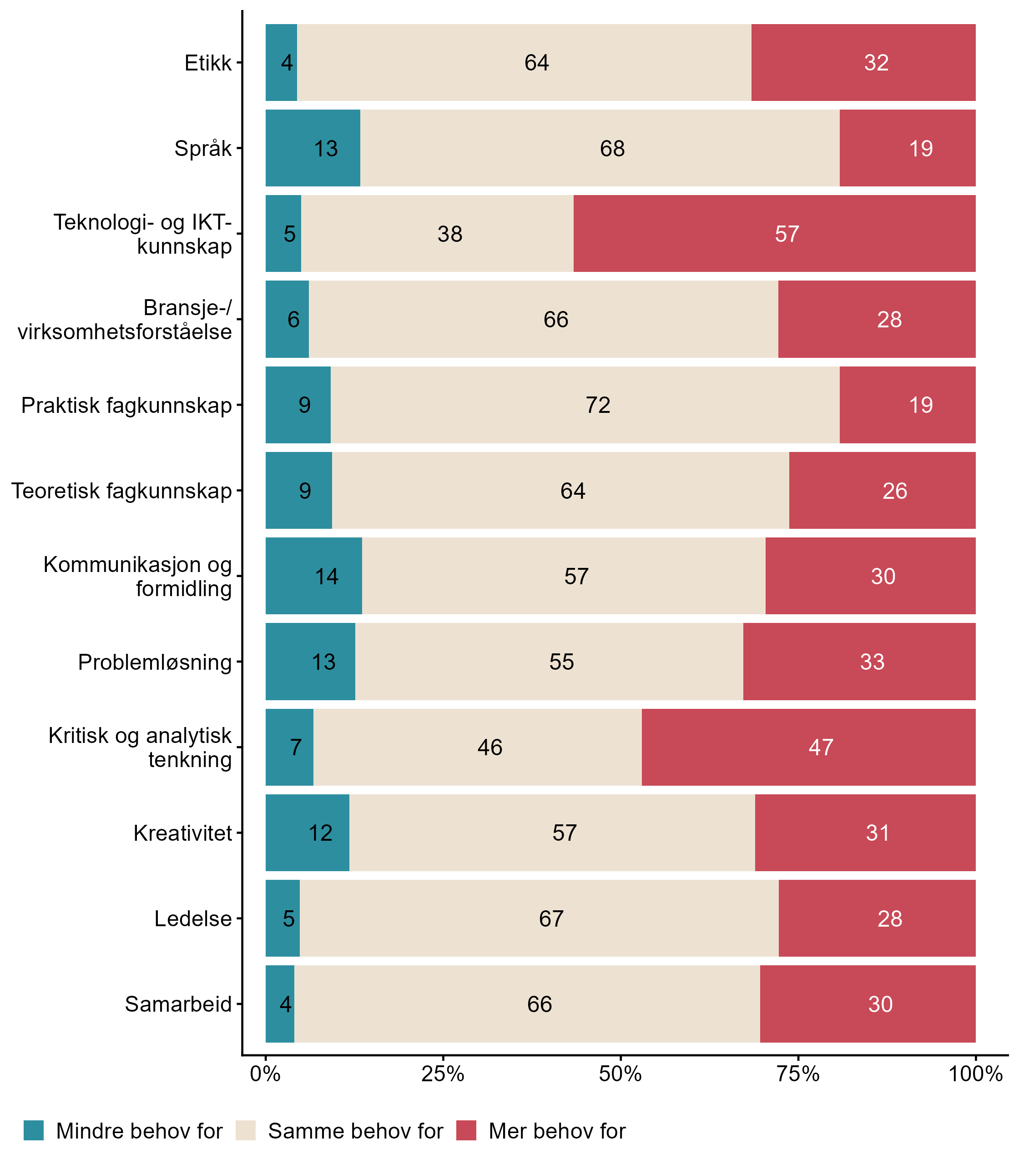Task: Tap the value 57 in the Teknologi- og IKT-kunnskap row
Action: (787, 234)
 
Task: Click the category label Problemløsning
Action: (155, 662)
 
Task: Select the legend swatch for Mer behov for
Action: (466, 1130)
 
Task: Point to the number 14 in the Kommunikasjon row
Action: (327, 577)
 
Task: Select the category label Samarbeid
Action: (178, 1004)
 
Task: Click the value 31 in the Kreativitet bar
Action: (878, 833)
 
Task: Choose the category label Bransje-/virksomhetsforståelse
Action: (125, 319)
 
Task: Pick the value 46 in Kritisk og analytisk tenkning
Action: (489, 748)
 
